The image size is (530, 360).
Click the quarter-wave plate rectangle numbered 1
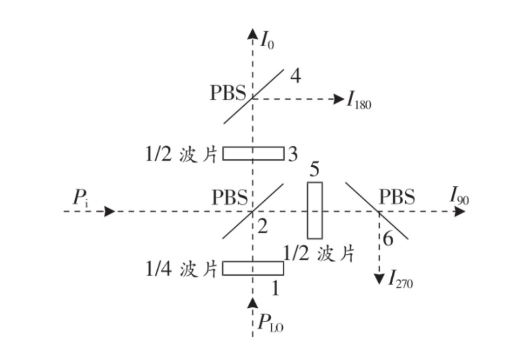click(253, 269)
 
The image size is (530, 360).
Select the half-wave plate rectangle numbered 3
click(253, 153)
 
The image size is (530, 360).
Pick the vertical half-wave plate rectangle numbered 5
click(315, 210)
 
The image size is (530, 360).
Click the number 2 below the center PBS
click(263, 227)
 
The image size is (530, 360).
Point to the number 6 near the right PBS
click(388, 240)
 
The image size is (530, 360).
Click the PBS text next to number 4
click(227, 93)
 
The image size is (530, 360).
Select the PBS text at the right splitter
click(397, 197)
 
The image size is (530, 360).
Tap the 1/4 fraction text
click(158, 269)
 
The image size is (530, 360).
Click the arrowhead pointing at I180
click(339, 99)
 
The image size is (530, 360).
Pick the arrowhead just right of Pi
click(109, 211)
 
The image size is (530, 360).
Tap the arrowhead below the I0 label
click(252, 33)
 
